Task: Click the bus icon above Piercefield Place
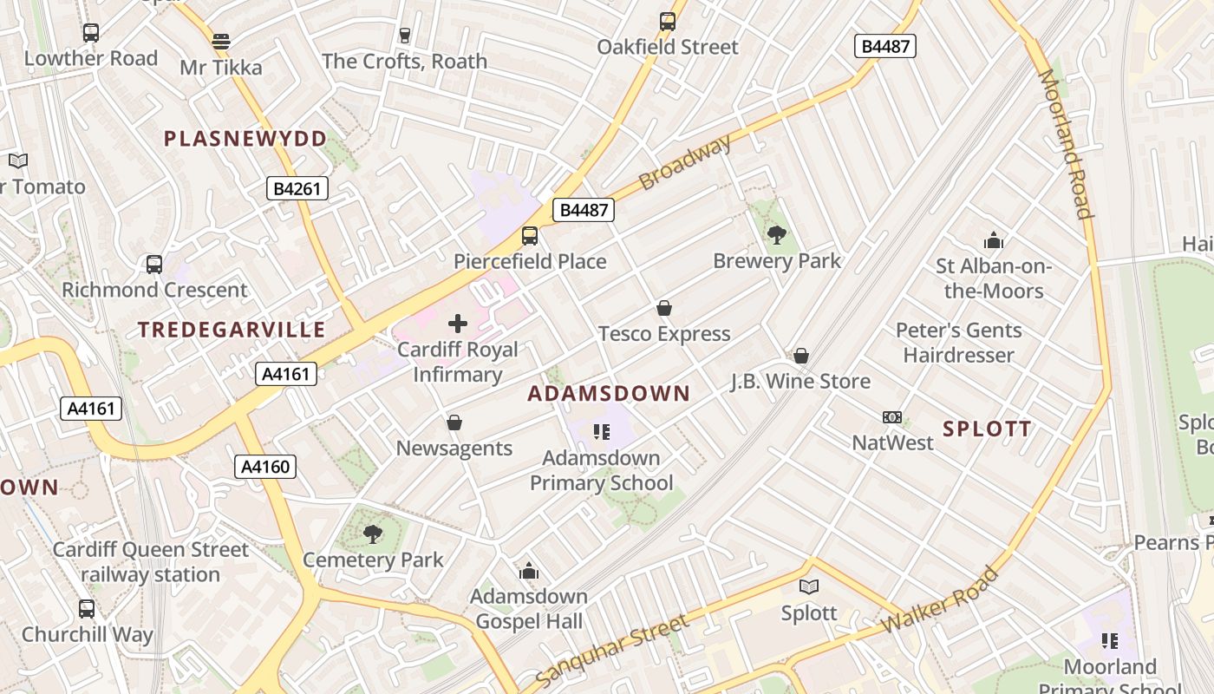click(529, 235)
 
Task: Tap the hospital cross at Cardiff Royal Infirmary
click(458, 324)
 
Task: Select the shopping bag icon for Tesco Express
click(664, 308)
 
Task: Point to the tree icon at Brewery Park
click(777, 234)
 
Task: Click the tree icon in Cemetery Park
click(373, 534)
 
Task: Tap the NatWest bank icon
click(892, 417)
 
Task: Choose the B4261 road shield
click(297, 188)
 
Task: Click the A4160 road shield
click(265, 467)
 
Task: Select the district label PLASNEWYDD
click(245, 139)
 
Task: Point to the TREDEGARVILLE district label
click(232, 330)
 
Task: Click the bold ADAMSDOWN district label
click(609, 394)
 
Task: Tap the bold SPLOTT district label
click(987, 429)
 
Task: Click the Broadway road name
click(685, 163)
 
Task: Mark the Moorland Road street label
click(1065, 143)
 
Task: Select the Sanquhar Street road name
click(612, 650)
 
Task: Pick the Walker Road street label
click(939, 600)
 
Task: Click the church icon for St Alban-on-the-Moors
click(994, 240)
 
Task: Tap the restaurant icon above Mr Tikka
click(221, 41)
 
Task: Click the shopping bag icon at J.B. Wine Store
click(801, 356)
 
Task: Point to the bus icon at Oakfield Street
click(667, 22)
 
